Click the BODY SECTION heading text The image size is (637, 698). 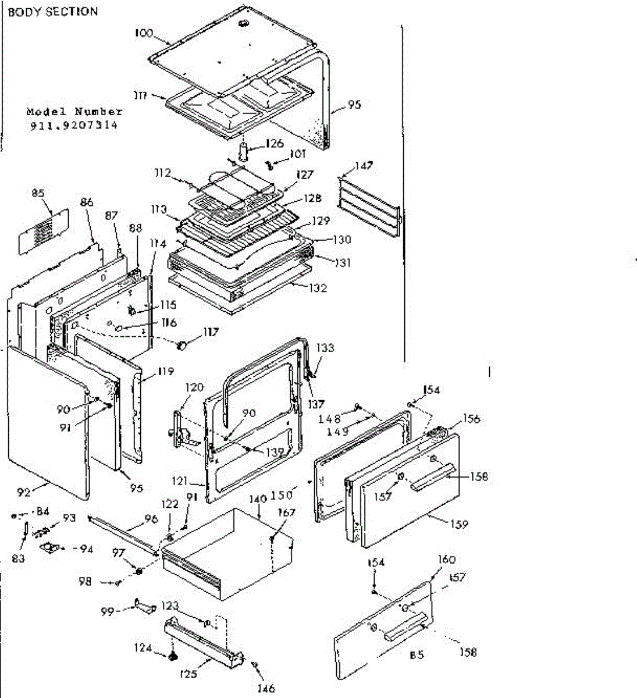[53, 12]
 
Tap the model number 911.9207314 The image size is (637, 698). [74, 125]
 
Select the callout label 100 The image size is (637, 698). [143, 33]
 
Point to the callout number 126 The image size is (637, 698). [274, 143]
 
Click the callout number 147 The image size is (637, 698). [364, 166]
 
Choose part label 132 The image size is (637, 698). [318, 287]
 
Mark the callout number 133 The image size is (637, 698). [325, 348]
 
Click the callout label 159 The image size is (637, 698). [458, 524]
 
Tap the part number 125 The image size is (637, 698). [188, 674]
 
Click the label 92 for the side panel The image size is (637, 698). [24, 492]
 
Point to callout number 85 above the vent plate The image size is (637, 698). [38, 193]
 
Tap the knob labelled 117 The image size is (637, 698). [183, 346]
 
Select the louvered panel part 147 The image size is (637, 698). [369, 207]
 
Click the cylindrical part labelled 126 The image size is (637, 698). [243, 149]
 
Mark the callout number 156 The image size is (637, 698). [471, 419]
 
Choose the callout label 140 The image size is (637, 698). [258, 498]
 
